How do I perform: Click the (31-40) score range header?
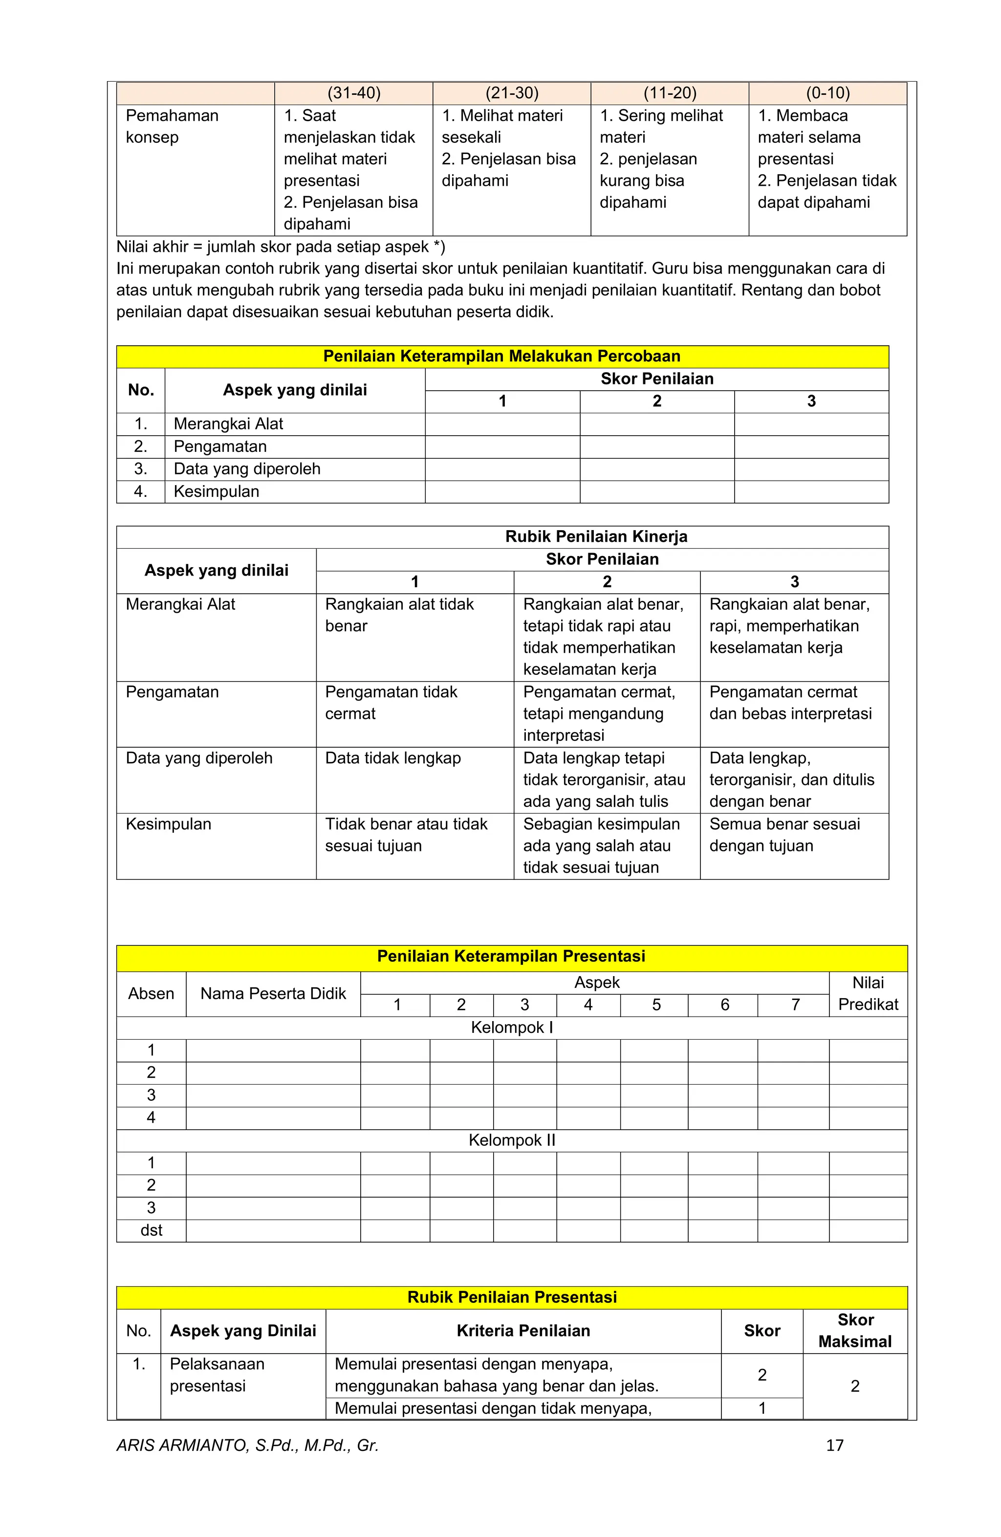pyautogui.click(x=354, y=93)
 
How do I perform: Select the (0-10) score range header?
pyautogui.click(x=827, y=93)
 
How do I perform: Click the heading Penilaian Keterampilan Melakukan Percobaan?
pyautogui.click(x=501, y=356)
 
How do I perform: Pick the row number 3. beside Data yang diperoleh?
pyautogui.click(x=141, y=469)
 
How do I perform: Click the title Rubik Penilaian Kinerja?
pyautogui.click(x=596, y=536)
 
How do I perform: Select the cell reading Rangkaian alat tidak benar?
pyautogui.click(x=399, y=614)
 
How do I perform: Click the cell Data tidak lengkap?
pyautogui.click(x=392, y=757)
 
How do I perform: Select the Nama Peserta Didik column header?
pyautogui.click(x=273, y=993)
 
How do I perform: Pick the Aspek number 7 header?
pyautogui.click(x=795, y=1005)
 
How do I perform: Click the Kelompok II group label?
pyautogui.click(x=511, y=1140)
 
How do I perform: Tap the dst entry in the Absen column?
pyautogui.click(x=151, y=1230)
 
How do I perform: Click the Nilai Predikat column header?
pyautogui.click(x=868, y=993)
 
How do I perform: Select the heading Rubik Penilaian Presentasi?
pyautogui.click(x=512, y=1297)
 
